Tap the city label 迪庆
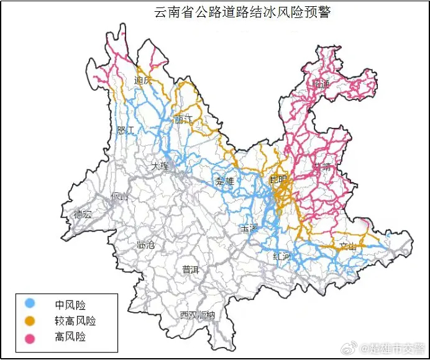pos(143,81)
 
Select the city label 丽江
pos(183,119)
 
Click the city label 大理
pos(160,166)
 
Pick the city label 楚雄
pos(224,181)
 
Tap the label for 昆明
pos(279,180)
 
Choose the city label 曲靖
pos(322,166)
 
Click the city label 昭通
pos(322,84)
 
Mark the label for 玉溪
pos(249,228)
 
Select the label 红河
pos(281,256)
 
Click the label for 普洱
pos(190,269)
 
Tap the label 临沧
pos(145,245)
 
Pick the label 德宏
pos(83,215)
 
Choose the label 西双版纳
pos(197,315)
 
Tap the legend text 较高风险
pos(75,321)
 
